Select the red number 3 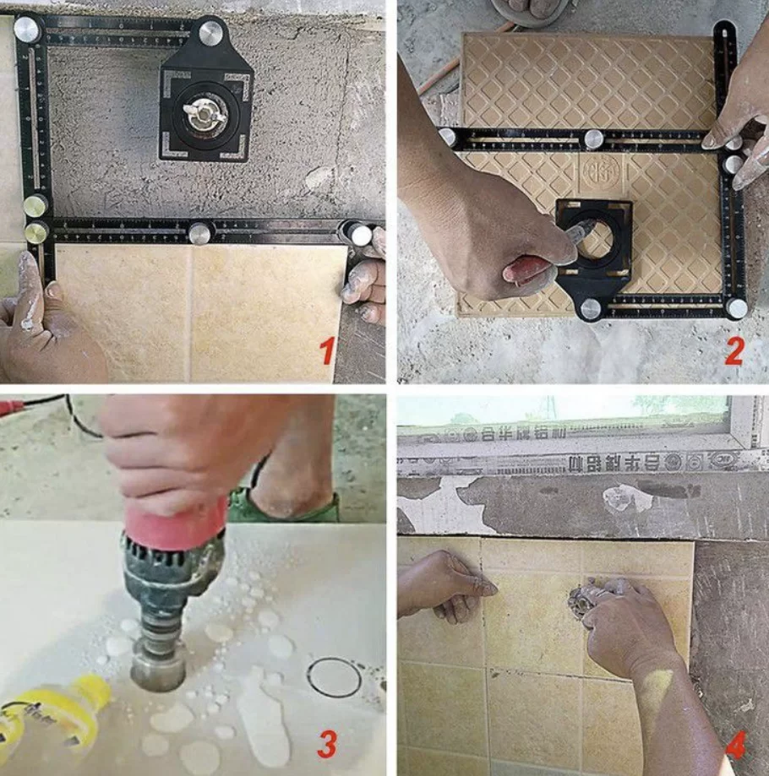pyautogui.click(x=326, y=744)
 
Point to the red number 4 pyautogui.click(x=735, y=745)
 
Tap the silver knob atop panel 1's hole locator pyautogui.click(x=210, y=33)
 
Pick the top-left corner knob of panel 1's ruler pyautogui.click(x=25, y=29)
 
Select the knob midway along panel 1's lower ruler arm pyautogui.click(x=199, y=233)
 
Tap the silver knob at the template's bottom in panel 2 pyautogui.click(x=591, y=308)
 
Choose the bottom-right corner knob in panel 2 pyautogui.click(x=737, y=308)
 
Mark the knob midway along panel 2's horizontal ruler pyautogui.click(x=594, y=139)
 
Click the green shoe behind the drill pyautogui.click(x=283, y=507)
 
